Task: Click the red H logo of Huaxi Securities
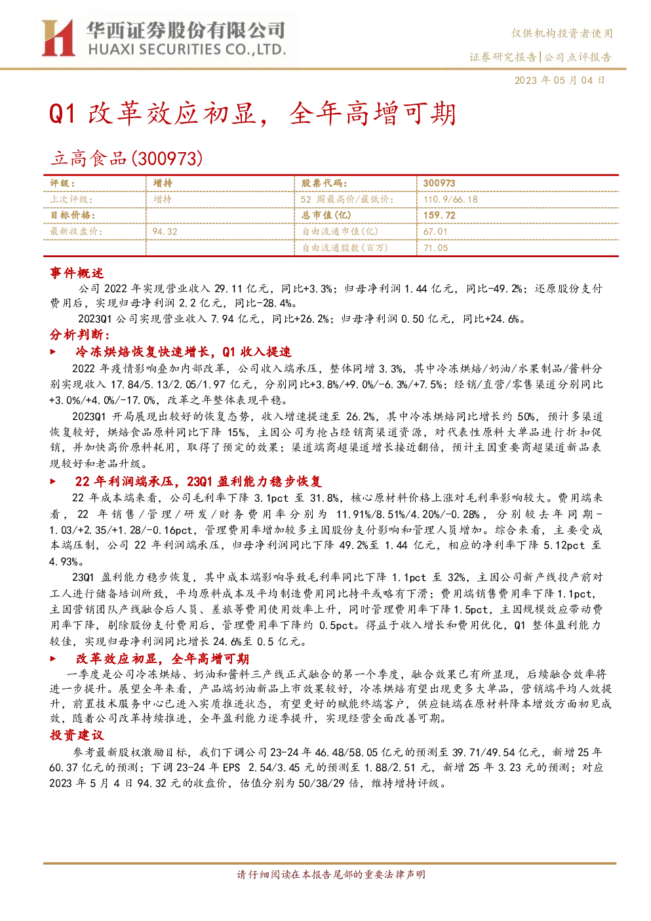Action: coord(58,37)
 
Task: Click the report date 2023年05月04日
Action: coord(559,80)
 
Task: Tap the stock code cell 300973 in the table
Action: coord(439,184)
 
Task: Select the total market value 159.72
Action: coord(439,215)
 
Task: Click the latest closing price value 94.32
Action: coord(165,232)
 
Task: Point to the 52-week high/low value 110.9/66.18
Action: coord(450,199)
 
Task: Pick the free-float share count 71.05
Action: coord(436,248)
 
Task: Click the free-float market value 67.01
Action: coord(435,232)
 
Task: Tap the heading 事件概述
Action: coord(77,273)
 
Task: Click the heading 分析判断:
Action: coord(80,335)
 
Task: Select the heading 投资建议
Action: coord(77,735)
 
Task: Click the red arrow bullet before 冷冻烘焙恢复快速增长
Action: coord(52,352)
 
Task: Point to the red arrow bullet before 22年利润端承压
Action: coord(52,481)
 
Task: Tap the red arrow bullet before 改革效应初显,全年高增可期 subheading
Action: coord(52,659)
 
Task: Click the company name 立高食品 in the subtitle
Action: coord(89,159)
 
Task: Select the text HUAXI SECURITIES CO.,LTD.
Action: coord(187,50)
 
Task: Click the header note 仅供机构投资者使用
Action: coord(562,33)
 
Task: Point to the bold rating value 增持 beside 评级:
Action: coord(163,184)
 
